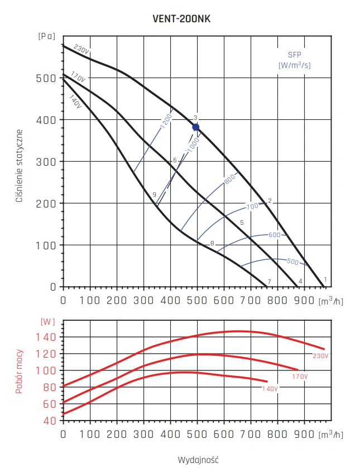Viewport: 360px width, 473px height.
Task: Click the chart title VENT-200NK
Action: tap(181, 18)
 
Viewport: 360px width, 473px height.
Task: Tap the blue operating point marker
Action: tap(196, 127)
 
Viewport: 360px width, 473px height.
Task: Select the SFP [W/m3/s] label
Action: tap(294, 61)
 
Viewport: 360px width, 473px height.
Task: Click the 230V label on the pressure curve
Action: tap(80, 51)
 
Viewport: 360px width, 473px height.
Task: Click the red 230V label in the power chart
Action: tap(321, 355)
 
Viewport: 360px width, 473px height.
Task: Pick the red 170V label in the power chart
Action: tap(300, 377)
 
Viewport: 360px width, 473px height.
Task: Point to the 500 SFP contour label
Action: tap(292, 261)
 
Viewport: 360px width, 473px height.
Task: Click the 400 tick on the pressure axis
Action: tap(49, 120)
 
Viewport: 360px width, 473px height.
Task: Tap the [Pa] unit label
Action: tap(47, 36)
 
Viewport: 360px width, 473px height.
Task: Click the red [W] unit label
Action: tap(48, 322)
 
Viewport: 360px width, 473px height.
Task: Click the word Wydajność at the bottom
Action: tap(198, 460)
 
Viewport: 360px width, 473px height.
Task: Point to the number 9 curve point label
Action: tap(153, 194)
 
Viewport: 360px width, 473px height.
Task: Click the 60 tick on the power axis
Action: tap(50, 403)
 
